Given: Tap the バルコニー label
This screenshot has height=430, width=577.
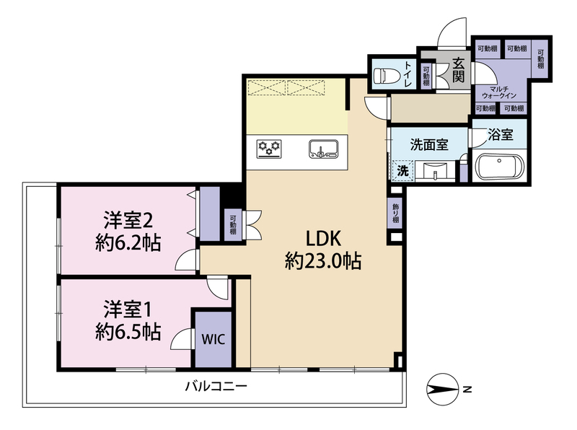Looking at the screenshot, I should pos(216,387).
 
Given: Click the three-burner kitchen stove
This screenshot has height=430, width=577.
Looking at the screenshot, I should pos(269,149).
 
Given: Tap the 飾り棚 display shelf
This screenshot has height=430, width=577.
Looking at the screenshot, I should pos(395,213).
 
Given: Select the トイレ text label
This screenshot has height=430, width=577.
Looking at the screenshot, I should pos(408,74).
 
